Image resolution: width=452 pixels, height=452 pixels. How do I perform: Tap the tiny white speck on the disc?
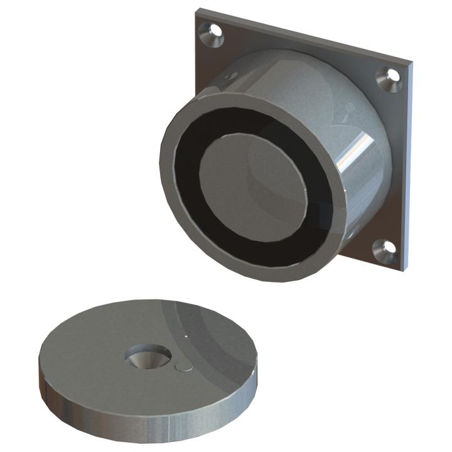[x=185, y=336]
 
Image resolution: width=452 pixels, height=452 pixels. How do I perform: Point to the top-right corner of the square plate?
[x=413, y=64]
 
